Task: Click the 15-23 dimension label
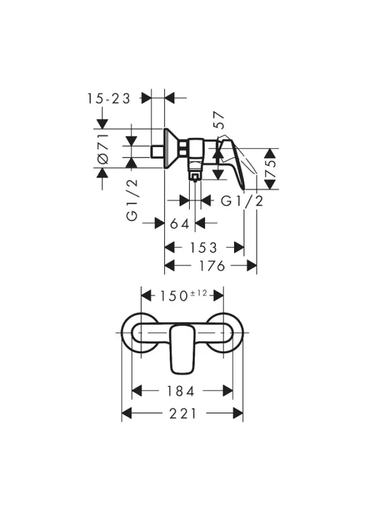109,98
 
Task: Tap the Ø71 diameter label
103,149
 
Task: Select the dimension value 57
219,120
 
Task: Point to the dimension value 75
270,169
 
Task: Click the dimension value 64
180,224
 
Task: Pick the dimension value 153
203,248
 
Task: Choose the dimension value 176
211,266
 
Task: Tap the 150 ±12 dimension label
183,295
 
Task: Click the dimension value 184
181,391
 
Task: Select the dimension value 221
183,414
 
